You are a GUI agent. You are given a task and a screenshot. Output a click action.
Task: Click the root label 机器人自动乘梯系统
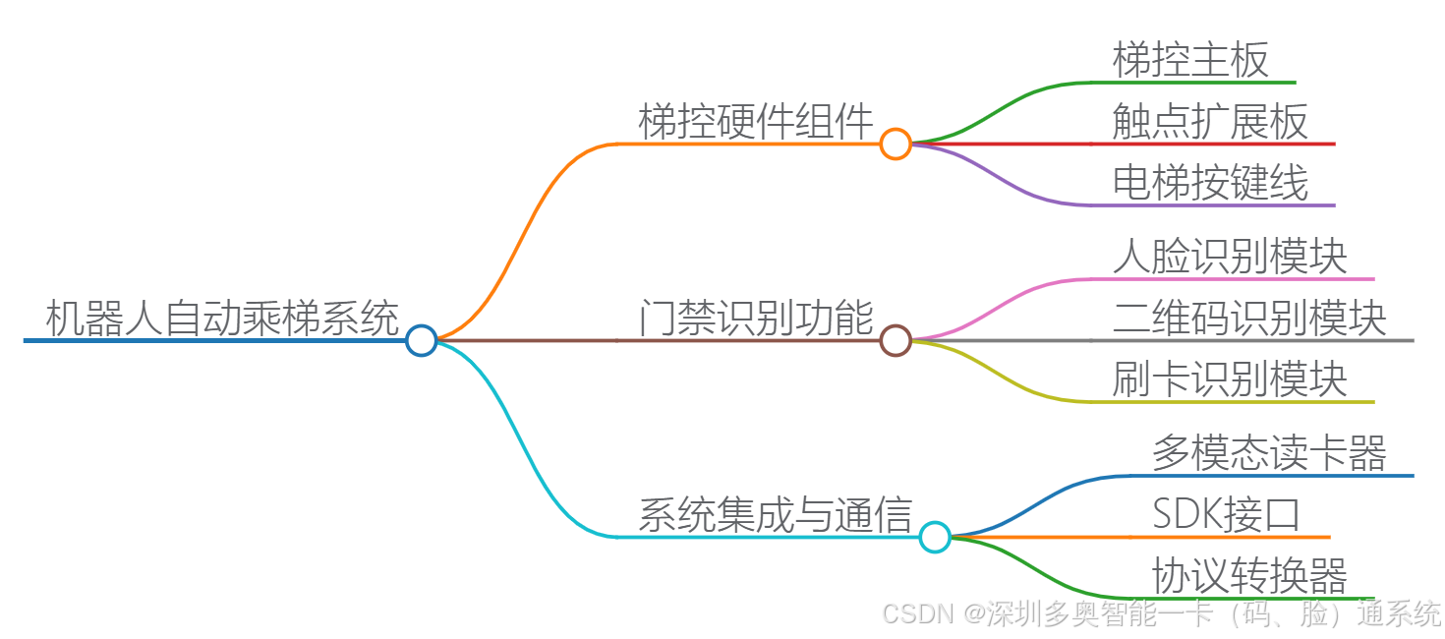pyautogui.click(x=222, y=319)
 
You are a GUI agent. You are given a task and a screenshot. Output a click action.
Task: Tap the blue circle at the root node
pyautogui.click(x=421, y=340)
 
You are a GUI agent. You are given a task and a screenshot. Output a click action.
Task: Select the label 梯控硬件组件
pyautogui.click(x=756, y=122)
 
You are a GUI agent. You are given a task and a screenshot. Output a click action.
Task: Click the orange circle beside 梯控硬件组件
pyautogui.click(x=895, y=145)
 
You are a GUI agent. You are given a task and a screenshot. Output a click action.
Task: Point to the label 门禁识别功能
pyautogui.click(x=756, y=319)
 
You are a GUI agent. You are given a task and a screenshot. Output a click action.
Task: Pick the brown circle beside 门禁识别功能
pyautogui.click(x=895, y=340)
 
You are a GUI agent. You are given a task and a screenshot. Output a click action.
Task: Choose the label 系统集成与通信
pyautogui.click(x=776, y=515)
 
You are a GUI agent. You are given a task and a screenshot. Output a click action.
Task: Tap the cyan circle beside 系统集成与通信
pyautogui.click(x=934, y=537)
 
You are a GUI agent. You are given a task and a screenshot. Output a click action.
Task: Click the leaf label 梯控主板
pyautogui.click(x=1190, y=60)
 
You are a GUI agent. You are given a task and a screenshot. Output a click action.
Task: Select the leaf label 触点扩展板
pyautogui.click(x=1210, y=122)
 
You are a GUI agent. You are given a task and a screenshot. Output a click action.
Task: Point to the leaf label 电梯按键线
pyautogui.click(x=1210, y=183)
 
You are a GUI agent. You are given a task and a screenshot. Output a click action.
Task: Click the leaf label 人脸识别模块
pyautogui.click(x=1230, y=257)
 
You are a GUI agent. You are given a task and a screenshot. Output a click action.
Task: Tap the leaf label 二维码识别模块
pyautogui.click(x=1249, y=319)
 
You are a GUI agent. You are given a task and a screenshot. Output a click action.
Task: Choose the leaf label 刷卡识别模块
pyautogui.click(x=1230, y=379)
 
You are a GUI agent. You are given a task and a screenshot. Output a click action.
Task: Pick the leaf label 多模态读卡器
pyautogui.click(x=1269, y=453)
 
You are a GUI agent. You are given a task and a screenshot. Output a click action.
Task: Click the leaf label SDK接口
pyautogui.click(x=1226, y=515)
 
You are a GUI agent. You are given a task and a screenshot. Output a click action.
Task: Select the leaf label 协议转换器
pyautogui.click(x=1249, y=576)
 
